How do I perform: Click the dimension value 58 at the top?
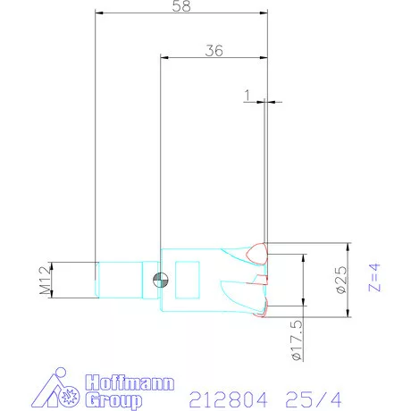(181, 7)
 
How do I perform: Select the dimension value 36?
(213, 51)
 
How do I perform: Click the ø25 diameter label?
(340, 280)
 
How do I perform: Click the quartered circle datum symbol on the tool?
(160, 279)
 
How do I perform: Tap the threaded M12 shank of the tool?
(118, 279)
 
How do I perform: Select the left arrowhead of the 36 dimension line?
(164, 58)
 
